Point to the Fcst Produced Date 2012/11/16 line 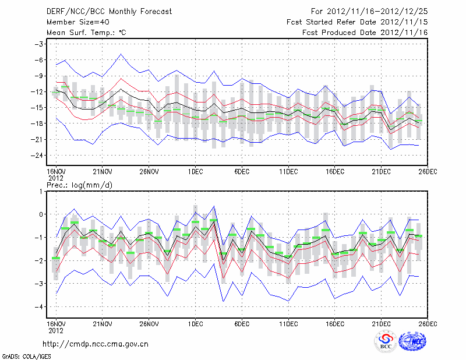pyautogui.click(x=365, y=33)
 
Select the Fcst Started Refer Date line pyautogui.click(x=357, y=22)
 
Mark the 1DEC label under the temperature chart pyautogui.click(x=195, y=171)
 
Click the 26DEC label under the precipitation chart pyautogui.click(x=428, y=323)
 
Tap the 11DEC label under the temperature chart pyautogui.click(x=288, y=171)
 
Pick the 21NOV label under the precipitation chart pyautogui.click(x=102, y=323)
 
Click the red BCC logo pyautogui.click(x=386, y=341)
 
